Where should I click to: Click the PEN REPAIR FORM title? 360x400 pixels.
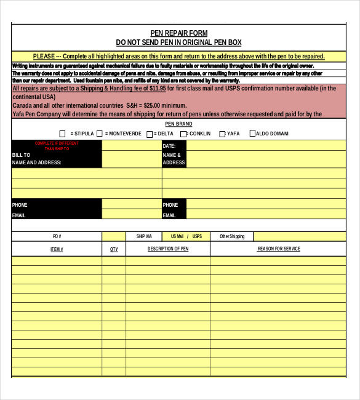tap(179, 33)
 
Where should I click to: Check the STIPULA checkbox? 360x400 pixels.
tap(62, 134)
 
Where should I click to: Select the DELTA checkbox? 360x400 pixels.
tap(150, 134)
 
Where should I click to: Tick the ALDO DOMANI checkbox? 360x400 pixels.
tap(252, 134)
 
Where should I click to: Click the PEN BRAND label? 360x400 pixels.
tap(179, 124)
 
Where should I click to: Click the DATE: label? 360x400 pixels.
tap(169, 146)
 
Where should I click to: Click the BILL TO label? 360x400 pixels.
tap(21, 155)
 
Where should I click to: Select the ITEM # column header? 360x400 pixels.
tap(57, 249)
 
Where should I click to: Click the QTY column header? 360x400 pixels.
tap(114, 249)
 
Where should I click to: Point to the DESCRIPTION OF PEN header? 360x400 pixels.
tap(168, 249)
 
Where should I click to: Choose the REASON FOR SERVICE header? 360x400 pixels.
tap(279, 249)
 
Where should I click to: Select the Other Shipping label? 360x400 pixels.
tap(232, 236)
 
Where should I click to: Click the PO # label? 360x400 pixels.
tap(57, 236)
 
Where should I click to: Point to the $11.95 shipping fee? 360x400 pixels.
tap(154, 88)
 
